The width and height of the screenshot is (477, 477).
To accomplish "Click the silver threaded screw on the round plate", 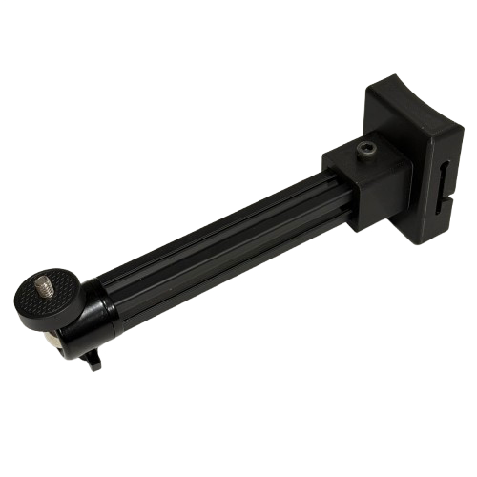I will [x=46, y=285].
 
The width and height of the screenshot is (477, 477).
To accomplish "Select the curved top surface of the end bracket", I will [x=405, y=105].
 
